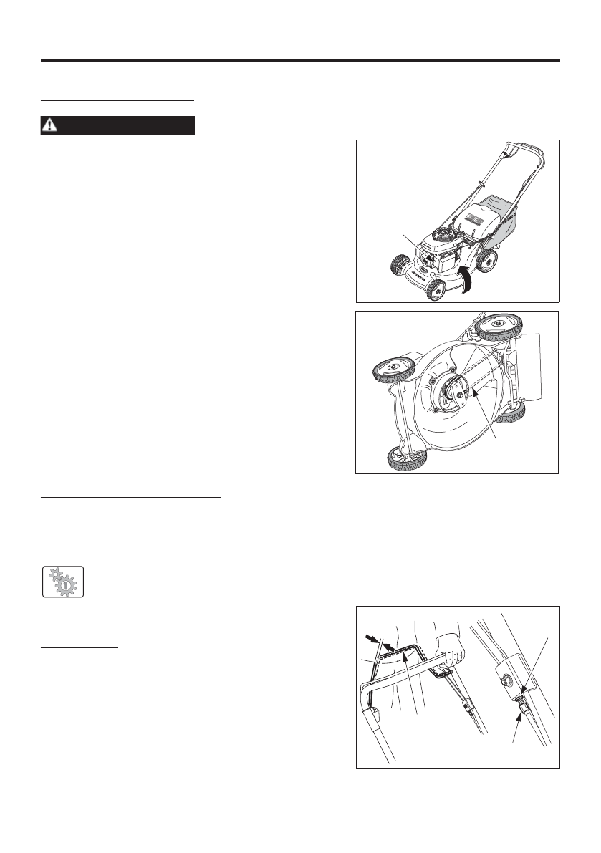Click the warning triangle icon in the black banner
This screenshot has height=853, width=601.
click(x=49, y=125)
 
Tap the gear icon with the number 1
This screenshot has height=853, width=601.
click(x=62, y=581)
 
